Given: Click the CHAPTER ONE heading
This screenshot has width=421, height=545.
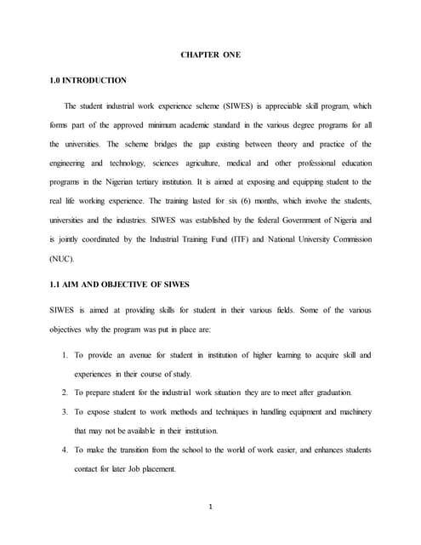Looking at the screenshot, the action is tap(211, 55).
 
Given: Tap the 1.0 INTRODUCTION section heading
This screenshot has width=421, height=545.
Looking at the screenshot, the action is tap(88, 80).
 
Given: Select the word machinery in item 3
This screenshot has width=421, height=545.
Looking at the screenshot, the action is tap(352, 411).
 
